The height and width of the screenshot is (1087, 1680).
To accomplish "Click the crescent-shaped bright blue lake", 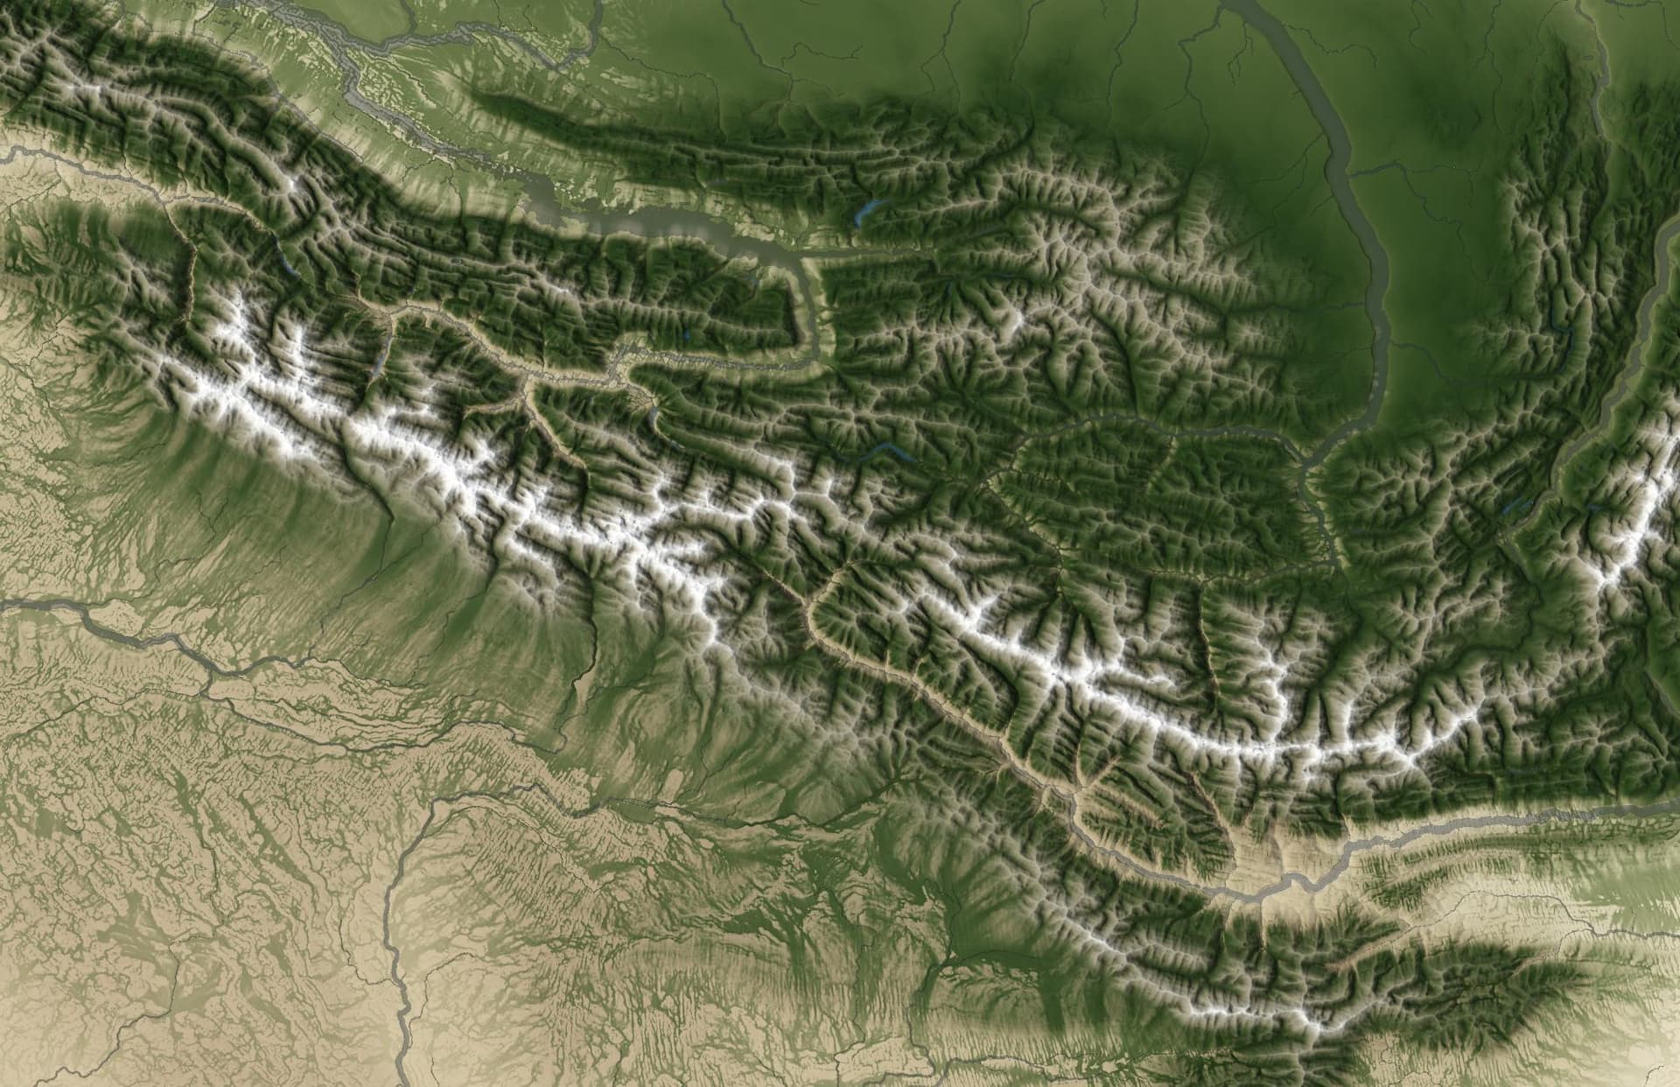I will (x=867, y=210).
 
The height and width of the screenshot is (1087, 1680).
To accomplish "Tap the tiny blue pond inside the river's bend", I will (x=752, y=280).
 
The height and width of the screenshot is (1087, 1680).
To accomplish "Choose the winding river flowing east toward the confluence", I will (x=1137, y=420).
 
